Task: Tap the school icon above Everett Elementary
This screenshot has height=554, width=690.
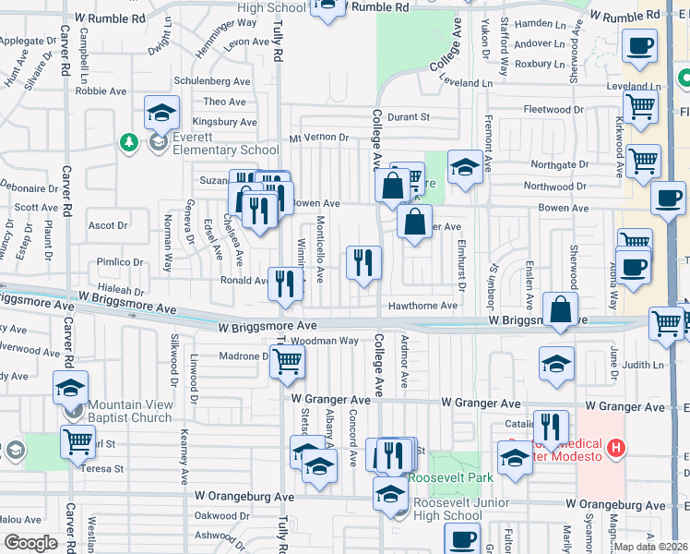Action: (162, 114)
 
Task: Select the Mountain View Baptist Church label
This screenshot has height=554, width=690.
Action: (130, 410)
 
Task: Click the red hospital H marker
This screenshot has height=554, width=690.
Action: (617, 451)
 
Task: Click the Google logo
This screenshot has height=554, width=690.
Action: (30, 543)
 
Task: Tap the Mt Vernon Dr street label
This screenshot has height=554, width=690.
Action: (318, 138)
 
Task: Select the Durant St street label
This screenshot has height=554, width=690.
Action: (409, 117)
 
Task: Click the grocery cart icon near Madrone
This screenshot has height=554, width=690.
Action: (288, 362)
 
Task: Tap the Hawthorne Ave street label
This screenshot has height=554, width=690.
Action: (422, 306)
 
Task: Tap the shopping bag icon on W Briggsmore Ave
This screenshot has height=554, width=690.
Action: (560, 309)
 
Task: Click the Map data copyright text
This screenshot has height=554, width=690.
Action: (651, 547)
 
